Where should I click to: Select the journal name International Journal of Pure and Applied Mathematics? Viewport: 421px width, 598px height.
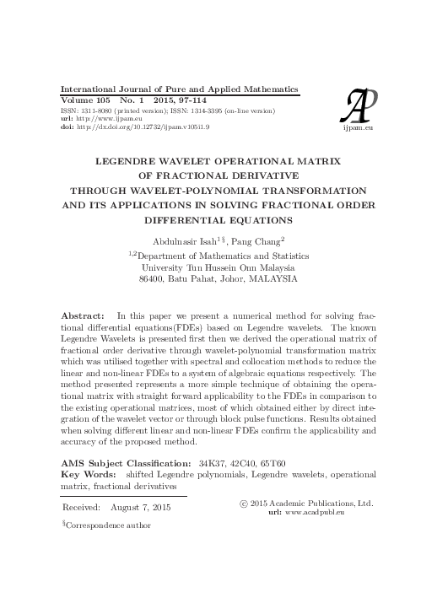[x=177, y=89]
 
